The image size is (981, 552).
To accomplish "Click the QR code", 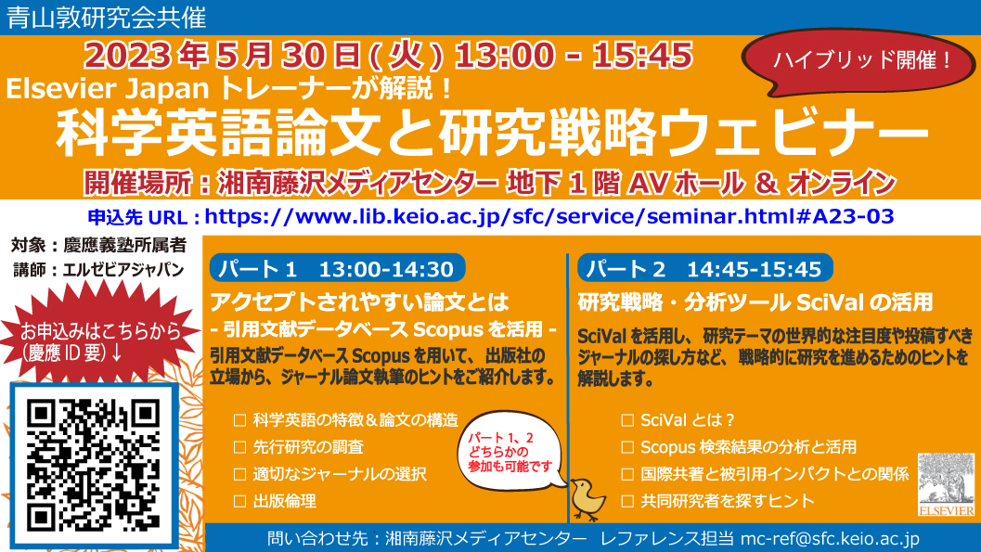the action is coord(94,465).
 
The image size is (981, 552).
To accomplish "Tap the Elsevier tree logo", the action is coord(946,484).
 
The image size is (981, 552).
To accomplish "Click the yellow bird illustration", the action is coord(587,498).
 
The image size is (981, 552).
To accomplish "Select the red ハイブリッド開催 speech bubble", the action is coord(858,61).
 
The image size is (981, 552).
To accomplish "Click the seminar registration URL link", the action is coord(549,216).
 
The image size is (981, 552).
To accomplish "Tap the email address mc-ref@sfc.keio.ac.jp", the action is coord(831,539).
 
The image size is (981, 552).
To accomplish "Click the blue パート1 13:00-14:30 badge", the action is coord(337,268).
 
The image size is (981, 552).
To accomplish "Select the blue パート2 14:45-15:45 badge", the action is coord(705,268).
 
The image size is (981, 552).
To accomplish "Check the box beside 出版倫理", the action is coord(239,501).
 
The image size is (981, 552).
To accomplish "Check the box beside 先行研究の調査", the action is coord(239,447).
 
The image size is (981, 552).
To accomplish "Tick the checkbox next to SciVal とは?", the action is coord(627,420).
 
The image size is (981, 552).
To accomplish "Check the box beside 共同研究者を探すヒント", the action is coord(627,501).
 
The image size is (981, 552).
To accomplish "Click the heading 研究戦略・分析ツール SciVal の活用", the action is coord(755,302).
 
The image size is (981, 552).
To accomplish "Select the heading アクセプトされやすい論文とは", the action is coord(360,302).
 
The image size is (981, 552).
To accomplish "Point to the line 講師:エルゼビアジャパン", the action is coord(99,270).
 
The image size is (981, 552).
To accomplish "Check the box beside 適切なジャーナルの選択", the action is coord(239,474).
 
